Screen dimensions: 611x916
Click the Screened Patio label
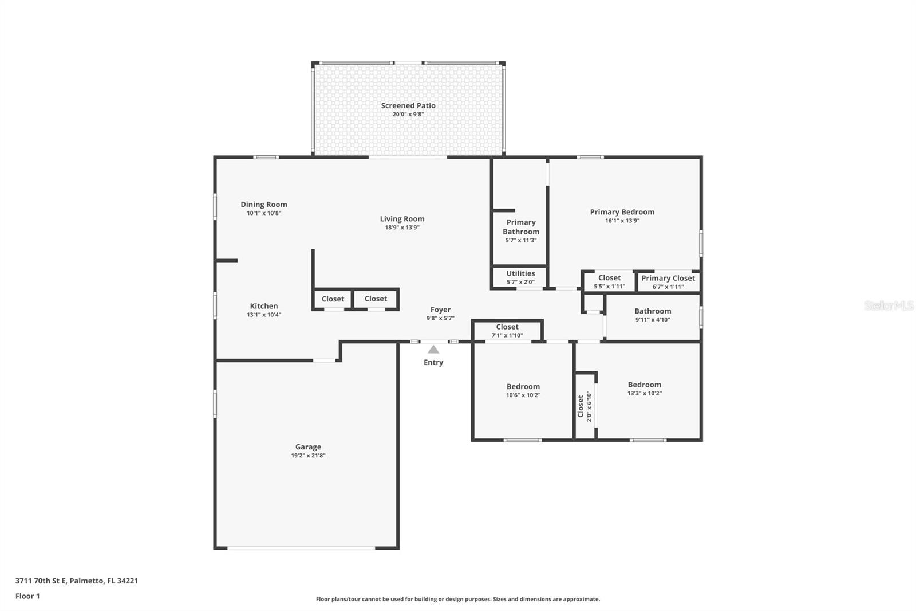click(408, 105)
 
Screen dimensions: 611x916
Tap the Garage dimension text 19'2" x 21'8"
click(308, 456)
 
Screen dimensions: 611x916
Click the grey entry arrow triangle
click(433, 350)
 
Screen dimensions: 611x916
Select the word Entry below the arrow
click(433, 362)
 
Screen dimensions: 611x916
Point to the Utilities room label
click(520, 273)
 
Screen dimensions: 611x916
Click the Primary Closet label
click(668, 278)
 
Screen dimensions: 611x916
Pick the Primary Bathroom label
click(521, 227)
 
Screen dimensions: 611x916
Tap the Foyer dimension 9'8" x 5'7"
click(440, 318)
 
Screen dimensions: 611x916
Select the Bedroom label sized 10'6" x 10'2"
click(523, 386)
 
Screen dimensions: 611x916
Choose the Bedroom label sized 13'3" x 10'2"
click(644, 385)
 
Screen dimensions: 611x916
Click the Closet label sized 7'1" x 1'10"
click(507, 327)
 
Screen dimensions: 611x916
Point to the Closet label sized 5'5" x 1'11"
click(609, 277)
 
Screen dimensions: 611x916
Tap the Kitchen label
click(264, 306)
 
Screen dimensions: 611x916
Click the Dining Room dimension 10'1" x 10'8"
click(264, 213)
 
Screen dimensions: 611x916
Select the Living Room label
click(402, 218)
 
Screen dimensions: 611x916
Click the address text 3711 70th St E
click(41, 581)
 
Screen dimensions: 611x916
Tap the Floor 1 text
click(27, 596)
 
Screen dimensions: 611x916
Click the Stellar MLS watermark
click(889, 305)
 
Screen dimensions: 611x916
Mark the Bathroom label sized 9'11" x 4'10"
click(652, 311)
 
